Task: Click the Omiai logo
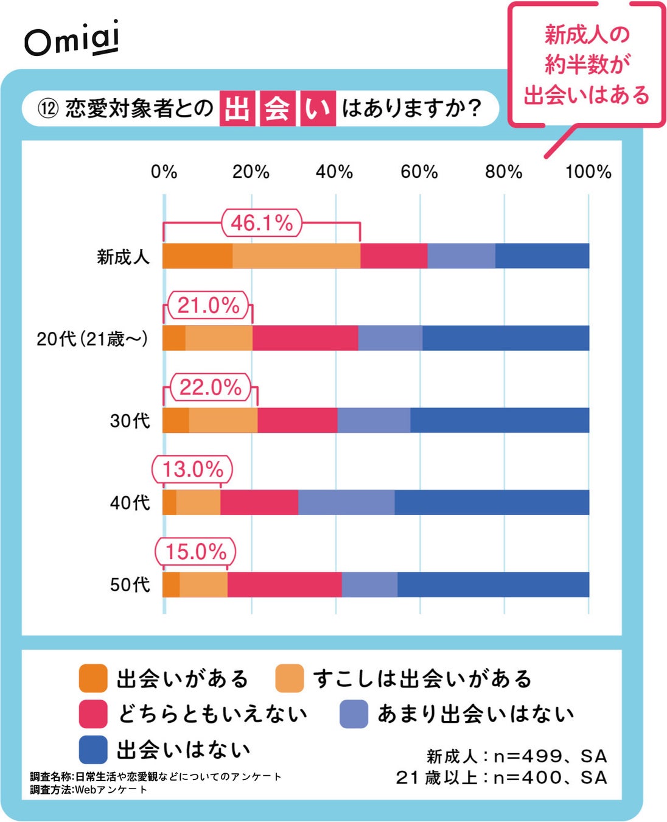[72, 40]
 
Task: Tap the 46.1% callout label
[262, 223]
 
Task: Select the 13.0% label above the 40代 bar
[192, 469]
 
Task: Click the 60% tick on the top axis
[419, 172]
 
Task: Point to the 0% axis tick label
[164, 172]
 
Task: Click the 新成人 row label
[123, 257]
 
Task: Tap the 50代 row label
[130, 585]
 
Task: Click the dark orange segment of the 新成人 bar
[197, 256]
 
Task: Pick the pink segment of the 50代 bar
[284, 585]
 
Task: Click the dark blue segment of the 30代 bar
[499, 420]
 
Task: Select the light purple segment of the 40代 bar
[346, 502]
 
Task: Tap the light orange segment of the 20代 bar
[218, 338]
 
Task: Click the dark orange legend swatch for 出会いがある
[93, 678]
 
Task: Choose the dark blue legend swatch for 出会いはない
[93, 750]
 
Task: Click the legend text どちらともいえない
[212, 714]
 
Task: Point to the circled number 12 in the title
[47, 109]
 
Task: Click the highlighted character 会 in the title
[277, 109]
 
